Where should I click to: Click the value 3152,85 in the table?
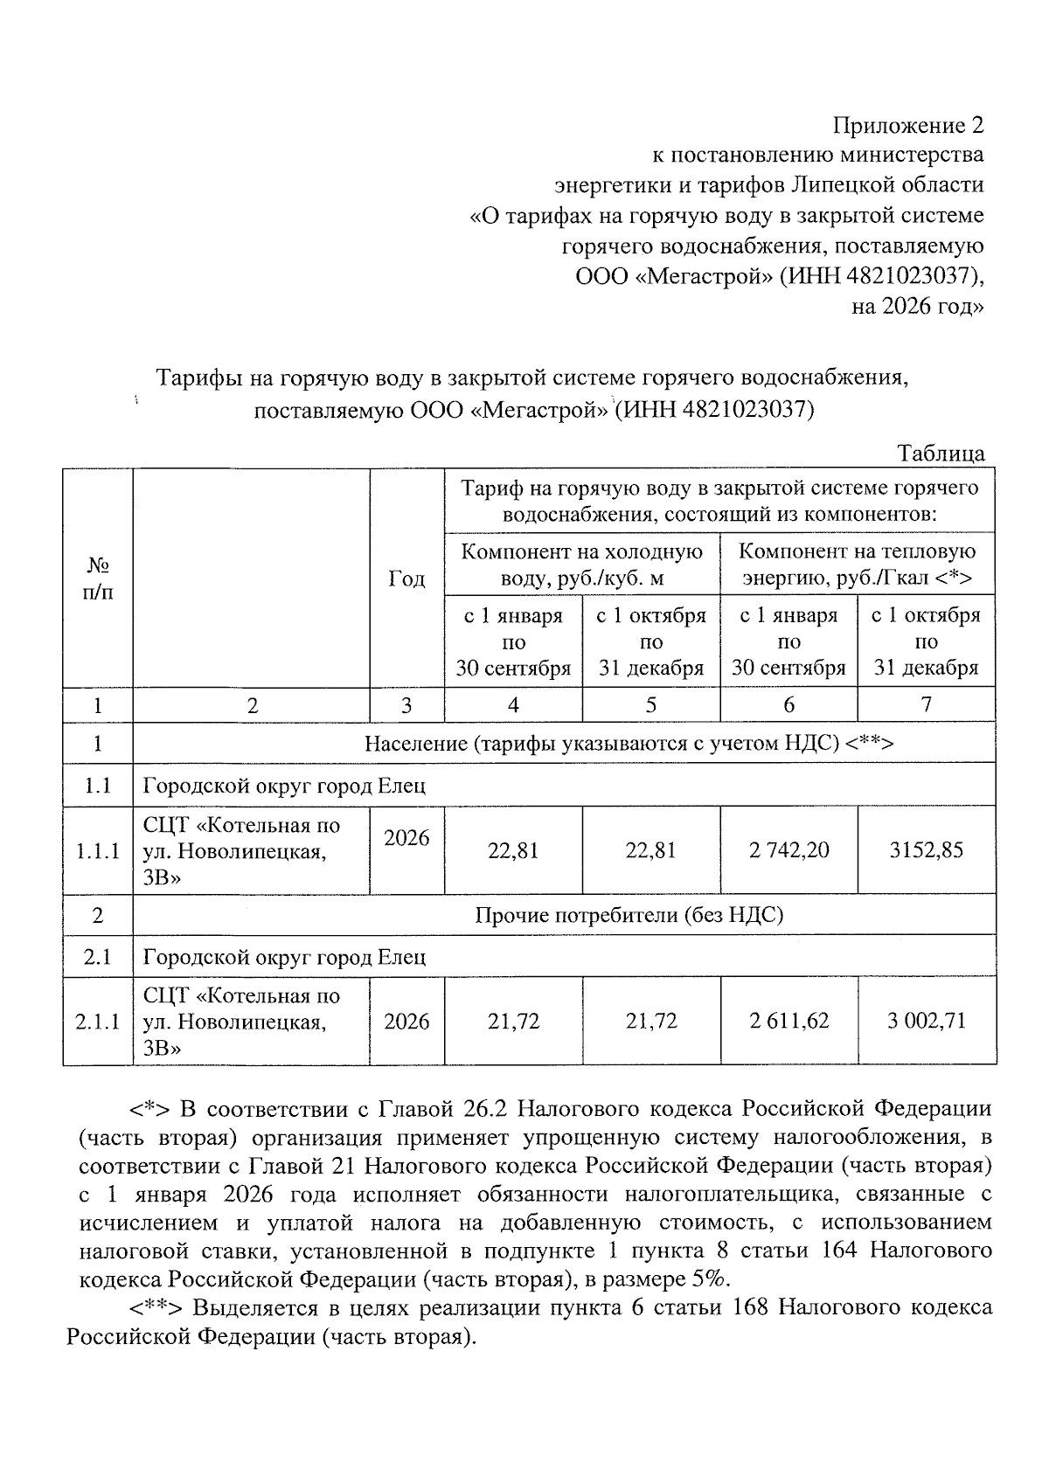(x=927, y=849)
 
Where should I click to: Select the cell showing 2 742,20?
(x=788, y=849)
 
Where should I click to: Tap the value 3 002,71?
(x=927, y=1021)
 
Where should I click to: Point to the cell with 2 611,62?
(x=788, y=1021)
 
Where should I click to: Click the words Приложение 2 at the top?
(x=907, y=126)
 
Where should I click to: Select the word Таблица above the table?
(x=941, y=454)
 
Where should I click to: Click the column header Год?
(x=406, y=579)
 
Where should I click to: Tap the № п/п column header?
(x=97, y=579)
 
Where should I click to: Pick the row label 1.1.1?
(x=97, y=849)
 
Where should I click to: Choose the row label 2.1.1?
(x=97, y=1021)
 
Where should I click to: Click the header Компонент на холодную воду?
(x=581, y=565)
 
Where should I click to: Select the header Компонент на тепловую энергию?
(x=857, y=565)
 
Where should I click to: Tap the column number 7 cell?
(x=927, y=705)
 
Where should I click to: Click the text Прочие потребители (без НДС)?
(x=629, y=915)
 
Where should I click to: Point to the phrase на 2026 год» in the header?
(x=917, y=307)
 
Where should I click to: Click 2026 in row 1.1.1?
(x=406, y=838)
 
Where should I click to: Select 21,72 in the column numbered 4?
(x=513, y=1021)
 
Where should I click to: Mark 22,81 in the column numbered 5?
(x=650, y=849)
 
